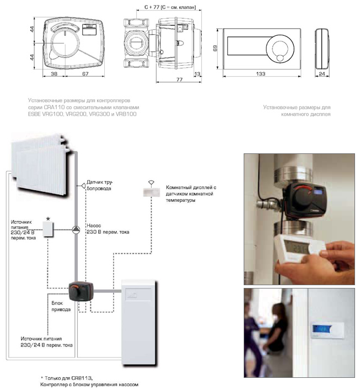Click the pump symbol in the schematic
(x=76, y=229)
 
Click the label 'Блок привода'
(x=60, y=307)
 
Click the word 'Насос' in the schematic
(x=94, y=226)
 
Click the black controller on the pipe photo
(x=299, y=201)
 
